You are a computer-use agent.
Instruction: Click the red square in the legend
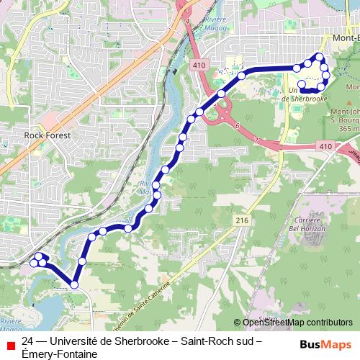pos(10,346)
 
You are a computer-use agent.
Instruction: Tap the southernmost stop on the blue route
pos(74,286)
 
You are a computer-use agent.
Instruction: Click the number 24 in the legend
pos(28,342)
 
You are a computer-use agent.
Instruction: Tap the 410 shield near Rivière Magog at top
pos(199,66)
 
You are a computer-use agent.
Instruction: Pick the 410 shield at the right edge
pos(325,146)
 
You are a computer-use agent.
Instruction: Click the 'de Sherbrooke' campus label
pos(307,98)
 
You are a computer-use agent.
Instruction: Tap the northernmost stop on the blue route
pos(319,57)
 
